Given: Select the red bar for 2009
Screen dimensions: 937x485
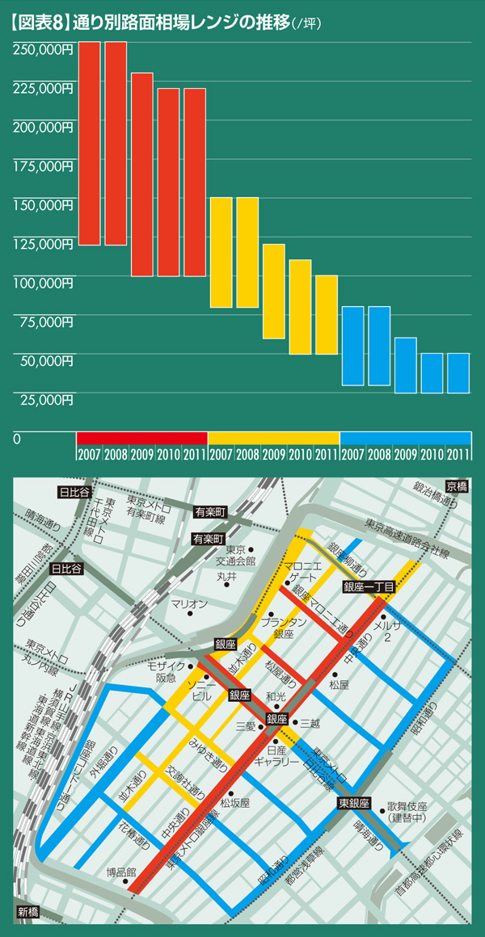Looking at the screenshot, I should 141,174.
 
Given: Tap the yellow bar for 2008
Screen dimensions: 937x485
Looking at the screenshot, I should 247,252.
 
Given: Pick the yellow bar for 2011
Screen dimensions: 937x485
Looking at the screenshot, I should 326,314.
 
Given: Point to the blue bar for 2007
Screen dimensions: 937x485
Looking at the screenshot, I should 352,346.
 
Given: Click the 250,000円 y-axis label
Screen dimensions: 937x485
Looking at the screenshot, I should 43,48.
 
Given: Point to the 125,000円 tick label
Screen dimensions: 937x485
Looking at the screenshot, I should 43,243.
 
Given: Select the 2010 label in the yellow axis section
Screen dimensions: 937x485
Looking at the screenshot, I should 300,452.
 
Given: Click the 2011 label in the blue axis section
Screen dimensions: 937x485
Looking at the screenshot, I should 458,452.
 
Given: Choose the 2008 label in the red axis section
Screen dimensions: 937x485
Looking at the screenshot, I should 116,452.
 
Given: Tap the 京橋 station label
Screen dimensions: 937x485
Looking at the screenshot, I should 456,486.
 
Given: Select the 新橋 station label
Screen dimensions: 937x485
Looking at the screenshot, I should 27,912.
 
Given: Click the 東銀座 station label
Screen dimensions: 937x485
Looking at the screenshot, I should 353,803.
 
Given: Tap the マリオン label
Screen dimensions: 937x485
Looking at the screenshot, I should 190,604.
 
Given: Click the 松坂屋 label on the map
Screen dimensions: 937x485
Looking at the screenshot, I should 234,803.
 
